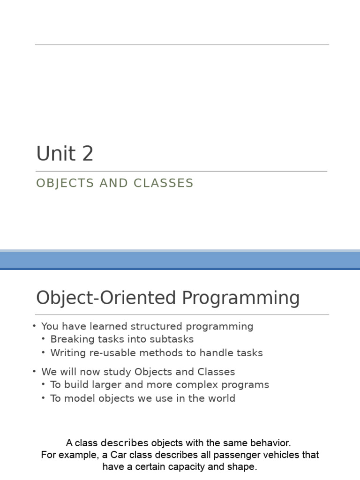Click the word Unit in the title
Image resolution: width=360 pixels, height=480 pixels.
pos(56,154)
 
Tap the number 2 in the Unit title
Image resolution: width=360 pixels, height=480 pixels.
pos(88,154)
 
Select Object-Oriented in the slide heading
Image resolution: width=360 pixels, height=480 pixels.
pos(106,299)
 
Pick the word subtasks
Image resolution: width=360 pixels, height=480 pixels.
pos(172,339)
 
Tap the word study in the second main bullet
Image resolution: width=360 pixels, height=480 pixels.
pos(118,372)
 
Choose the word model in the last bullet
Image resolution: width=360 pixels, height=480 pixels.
pos(77,398)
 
